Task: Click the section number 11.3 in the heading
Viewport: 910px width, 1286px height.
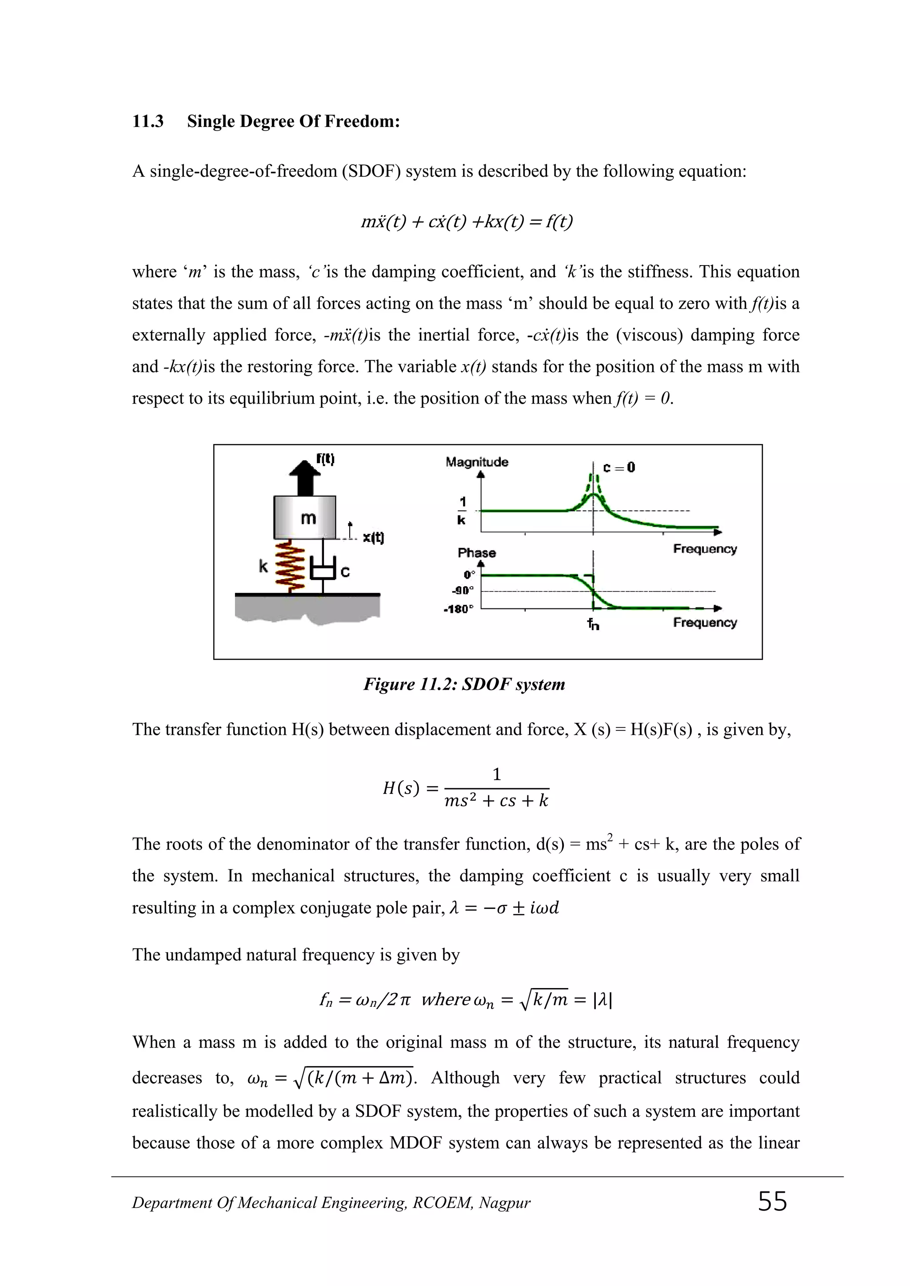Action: click(148, 122)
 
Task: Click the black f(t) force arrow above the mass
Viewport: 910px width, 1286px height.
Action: click(305, 477)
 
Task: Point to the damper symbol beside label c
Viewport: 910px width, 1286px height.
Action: click(323, 572)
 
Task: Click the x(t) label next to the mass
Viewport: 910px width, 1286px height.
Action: click(373, 538)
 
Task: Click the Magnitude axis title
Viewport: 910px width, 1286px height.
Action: click(477, 462)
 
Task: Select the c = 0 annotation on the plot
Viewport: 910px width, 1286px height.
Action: click(619, 467)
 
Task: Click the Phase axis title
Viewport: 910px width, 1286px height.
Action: click(477, 553)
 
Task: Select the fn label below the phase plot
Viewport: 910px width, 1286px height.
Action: click(593, 624)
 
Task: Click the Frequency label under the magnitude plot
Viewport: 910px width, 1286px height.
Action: click(705, 549)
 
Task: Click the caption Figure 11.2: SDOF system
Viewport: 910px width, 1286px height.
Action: click(464, 684)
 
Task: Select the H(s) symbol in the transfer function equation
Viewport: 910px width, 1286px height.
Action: click(401, 789)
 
